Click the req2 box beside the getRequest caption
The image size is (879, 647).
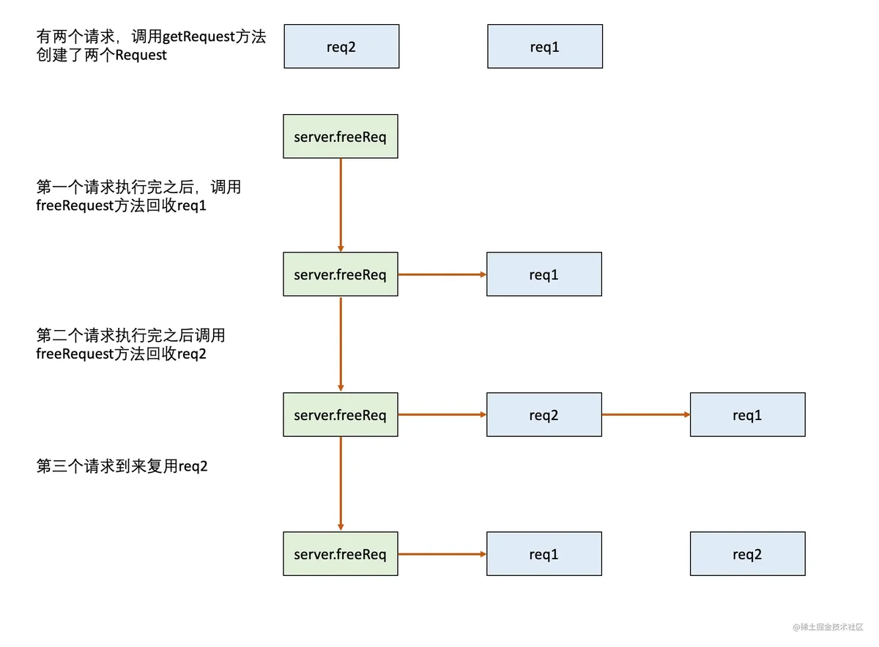click(x=341, y=46)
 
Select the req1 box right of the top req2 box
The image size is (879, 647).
click(x=545, y=46)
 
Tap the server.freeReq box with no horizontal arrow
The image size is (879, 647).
click(x=341, y=136)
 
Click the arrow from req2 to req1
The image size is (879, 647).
click(x=646, y=414)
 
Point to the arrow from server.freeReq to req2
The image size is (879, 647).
click(x=442, y=414)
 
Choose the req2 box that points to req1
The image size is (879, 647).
click(x=544, y=414)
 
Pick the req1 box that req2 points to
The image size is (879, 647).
click(x=748, y=414)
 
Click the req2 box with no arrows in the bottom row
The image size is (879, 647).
click(x=748, y=553)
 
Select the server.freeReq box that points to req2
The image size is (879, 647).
click(x=341, y=414)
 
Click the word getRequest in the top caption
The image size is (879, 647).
click(x=199, y=37)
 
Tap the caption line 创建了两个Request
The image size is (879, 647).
click(x=102, y=55)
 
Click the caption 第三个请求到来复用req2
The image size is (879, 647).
click(x=122, y=466)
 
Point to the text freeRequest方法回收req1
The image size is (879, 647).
click(x=122, y=206)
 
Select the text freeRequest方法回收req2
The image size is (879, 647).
click(x=122, y=354)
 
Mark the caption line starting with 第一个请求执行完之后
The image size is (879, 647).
click(x=138, y=187)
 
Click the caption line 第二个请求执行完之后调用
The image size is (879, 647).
click(x=130, y=335)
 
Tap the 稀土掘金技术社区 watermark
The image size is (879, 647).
click(x=828, y=627)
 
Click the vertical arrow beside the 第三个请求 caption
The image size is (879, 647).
click(x=341, y=484)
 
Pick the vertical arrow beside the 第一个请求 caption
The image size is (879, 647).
click(x=341, y=205)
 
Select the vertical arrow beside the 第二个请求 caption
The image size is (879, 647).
click(x=341, y=344)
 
